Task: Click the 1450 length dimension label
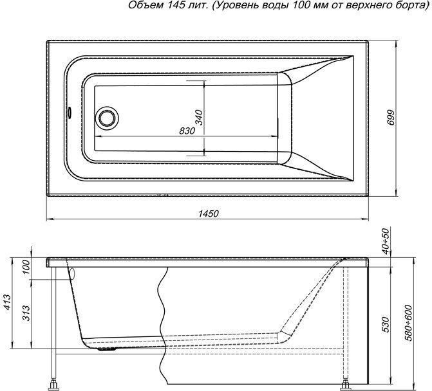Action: point(209,214)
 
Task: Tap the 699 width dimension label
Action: point(391,118)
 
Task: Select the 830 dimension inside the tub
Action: point(187,131)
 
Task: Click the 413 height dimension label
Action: point(8,302)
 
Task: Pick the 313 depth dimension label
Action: point(26,313)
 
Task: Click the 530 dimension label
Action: point(386,325)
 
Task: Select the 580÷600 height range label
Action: point(409,322)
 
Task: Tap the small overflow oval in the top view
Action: point(69,113)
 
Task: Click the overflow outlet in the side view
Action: point(73,274)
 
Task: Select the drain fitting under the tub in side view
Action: point(107,349)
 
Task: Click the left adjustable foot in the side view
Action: point(53,384)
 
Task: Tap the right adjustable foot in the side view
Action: point(345,385)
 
